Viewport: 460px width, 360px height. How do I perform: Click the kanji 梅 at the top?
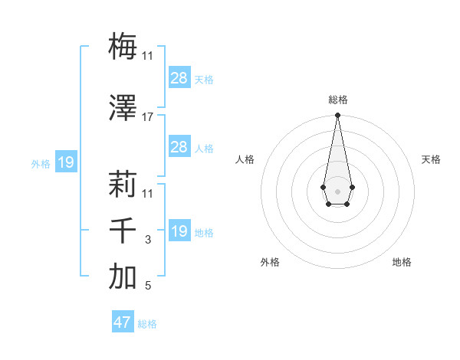123,47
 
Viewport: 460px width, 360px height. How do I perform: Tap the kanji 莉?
123,184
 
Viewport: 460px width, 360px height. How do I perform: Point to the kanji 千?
123,230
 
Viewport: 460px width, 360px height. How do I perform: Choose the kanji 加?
123,277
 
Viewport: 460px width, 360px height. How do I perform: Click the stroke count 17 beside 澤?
148,117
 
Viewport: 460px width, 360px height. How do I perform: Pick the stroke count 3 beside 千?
148,240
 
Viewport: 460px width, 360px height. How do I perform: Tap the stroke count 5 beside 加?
148,286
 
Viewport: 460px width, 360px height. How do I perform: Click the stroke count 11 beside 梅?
148,56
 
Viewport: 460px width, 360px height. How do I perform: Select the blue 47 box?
123,322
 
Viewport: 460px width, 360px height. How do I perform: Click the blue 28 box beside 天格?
179,78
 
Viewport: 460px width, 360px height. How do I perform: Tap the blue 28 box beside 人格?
179,147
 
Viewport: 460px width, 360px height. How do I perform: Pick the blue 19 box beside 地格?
179,231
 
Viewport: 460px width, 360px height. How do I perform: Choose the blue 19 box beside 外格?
65,162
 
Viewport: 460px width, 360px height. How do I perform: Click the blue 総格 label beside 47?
147,324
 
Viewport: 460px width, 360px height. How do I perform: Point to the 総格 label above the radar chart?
337,100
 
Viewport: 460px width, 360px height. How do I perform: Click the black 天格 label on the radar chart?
431,159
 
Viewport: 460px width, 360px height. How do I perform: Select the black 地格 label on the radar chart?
402,263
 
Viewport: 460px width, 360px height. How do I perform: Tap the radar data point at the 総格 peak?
337,116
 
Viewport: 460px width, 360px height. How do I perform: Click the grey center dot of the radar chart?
337,190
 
